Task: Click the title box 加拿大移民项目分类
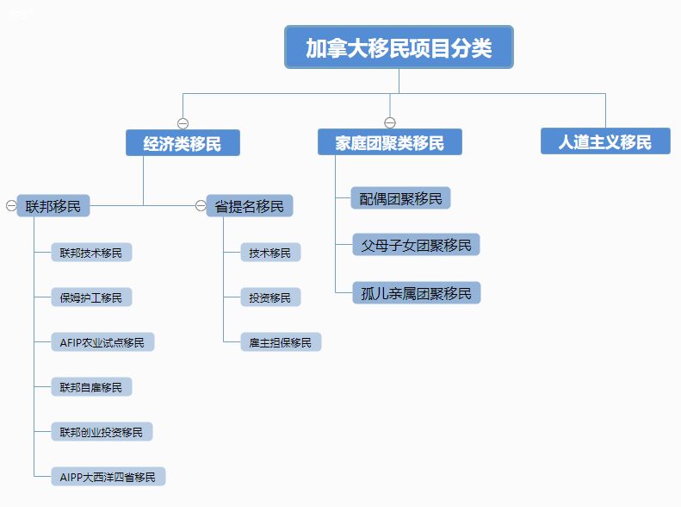(x=399, y=47)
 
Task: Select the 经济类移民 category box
(x=183, y=142)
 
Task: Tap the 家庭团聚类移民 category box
(x=390, y=141)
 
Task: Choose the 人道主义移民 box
(x=605, y=141)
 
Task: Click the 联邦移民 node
(x=53, y=206)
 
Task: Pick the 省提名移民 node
(x=250, y=206)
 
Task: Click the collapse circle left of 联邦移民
(x=11, y=205)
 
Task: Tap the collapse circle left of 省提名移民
(x=201, y=205)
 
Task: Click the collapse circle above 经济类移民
(x=183, y=123)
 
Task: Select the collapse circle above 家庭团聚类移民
(x=390, y=122)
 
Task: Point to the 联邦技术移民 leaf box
(x=91, y=252)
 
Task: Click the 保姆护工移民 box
(x=91, y=297)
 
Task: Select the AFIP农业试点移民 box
(x=102, y=342)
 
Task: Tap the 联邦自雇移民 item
(x=91, y=387)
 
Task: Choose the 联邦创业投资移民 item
(x=102, y=432)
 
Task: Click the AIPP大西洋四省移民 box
(x=108, y=477)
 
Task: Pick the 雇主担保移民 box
(x=281, y=342)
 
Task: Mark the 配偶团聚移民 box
(x=400, y=198)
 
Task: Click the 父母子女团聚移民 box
(x=416, y=245)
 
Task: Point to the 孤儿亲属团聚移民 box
(x=417, y=293)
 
